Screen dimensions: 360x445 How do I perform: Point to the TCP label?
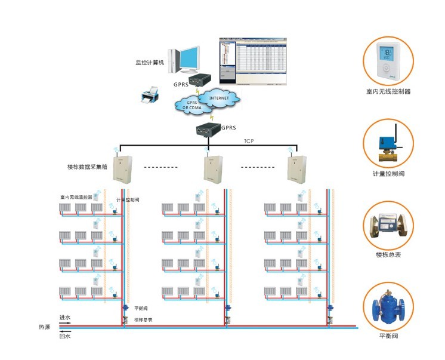coord(249,141)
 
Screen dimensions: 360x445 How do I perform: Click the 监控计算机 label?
coord(150,62)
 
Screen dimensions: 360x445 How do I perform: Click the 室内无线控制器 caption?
coord(388,93)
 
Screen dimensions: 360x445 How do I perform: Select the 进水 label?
coord(65,318)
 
